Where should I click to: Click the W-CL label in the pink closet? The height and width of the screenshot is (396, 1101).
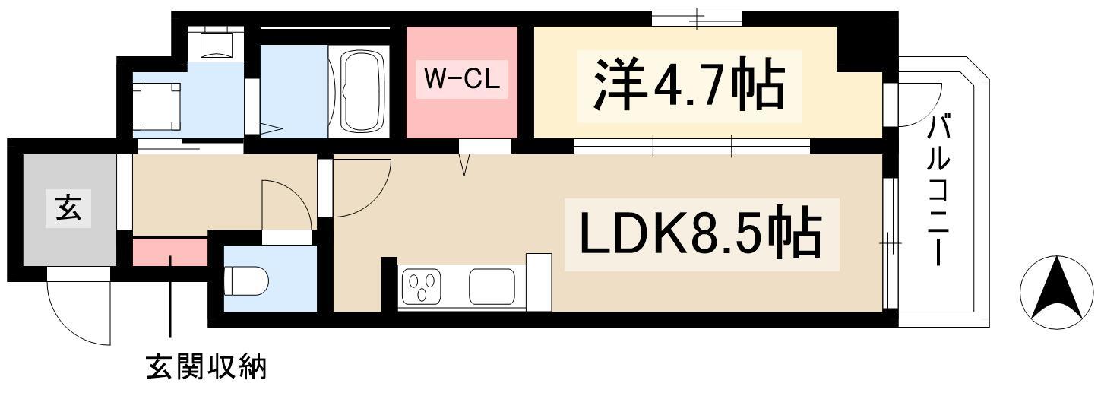[461, 81]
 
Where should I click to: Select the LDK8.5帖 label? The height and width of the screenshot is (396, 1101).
[700, 234]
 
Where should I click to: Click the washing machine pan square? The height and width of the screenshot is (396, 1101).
[158, 106]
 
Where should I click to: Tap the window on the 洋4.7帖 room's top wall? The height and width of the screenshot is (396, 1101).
[697, 18]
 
